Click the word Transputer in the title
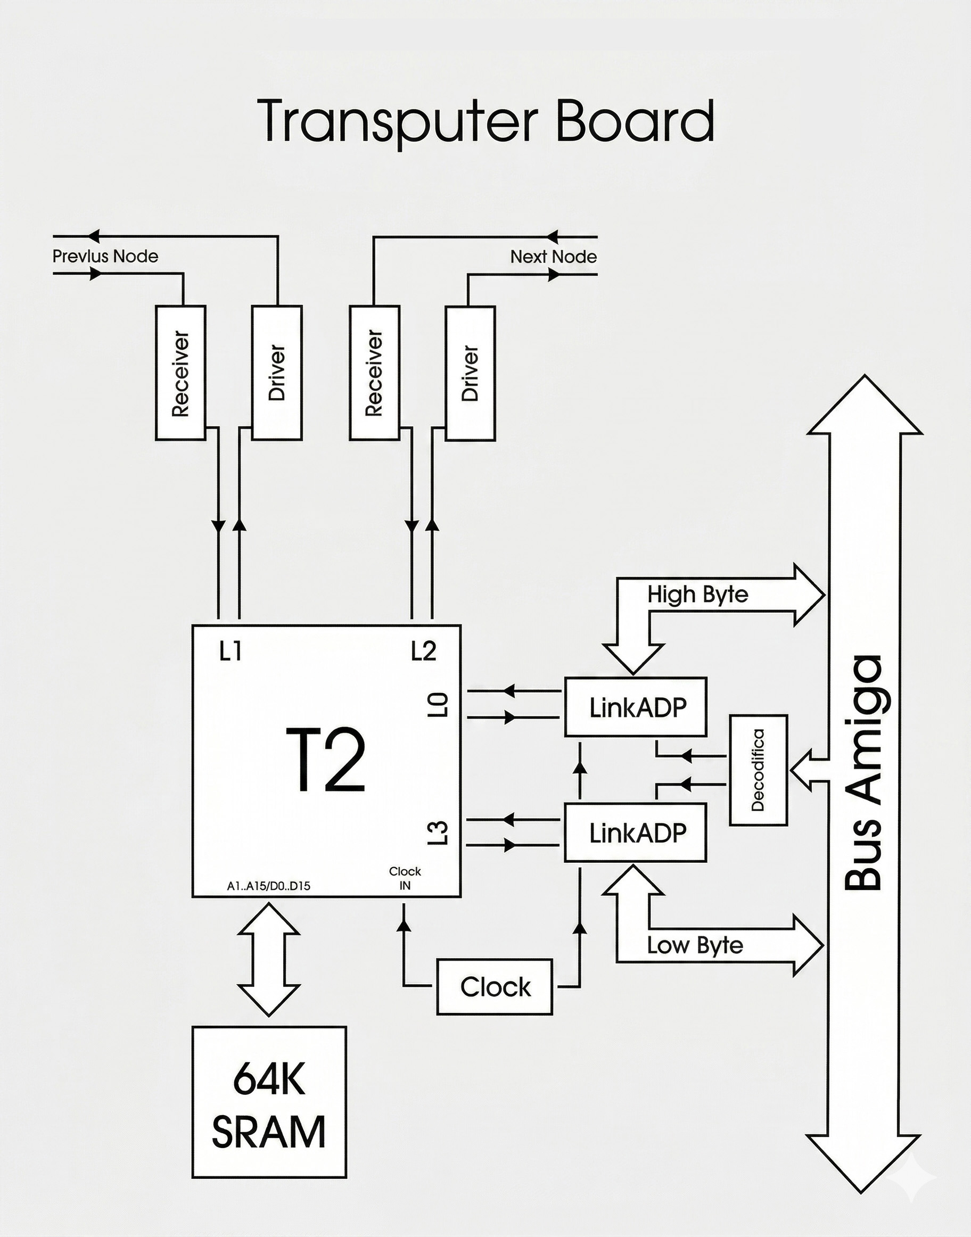pyautogui.click(x=398, y=121)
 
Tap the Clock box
pyautogui.click(x=495, y=987)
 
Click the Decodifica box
pyautogui.click(x=759, y=770)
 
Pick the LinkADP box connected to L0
pyautogui.click(x=636, y=707)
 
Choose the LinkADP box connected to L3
pyautogui.click(x=636, y=833)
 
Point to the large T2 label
pyautogui.click(x=325, y=760)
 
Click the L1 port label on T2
pyautogui.click(x=231, y=651)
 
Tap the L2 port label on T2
pyautogui.click(x=424, y=651)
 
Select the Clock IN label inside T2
pyautogui.click(x=405, y=878)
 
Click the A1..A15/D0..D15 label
pyautogui.click(x=268, y=886)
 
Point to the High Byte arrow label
pyautogui.click(x=697, y=595)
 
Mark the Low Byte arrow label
pyautogui.click(x=695, y=945)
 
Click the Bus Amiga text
pyautogui.click(x=863, y=773)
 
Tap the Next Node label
pyautogui.click(x=553, y=257)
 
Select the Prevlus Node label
pyautogui.click(x=105, y=257)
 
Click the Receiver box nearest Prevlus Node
pyautogui.click(x=181, y=373)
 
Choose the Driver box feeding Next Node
pyautogui.click(x=470, y=373)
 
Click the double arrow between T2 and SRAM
pyautogui.click(x=268, y=960)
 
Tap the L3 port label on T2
pyautogui.click(x=438, y=833)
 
